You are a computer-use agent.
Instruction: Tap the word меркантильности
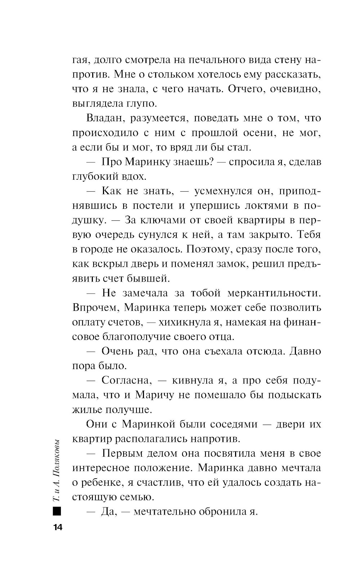(274, 293)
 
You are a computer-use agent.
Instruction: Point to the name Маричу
(154, 395)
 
